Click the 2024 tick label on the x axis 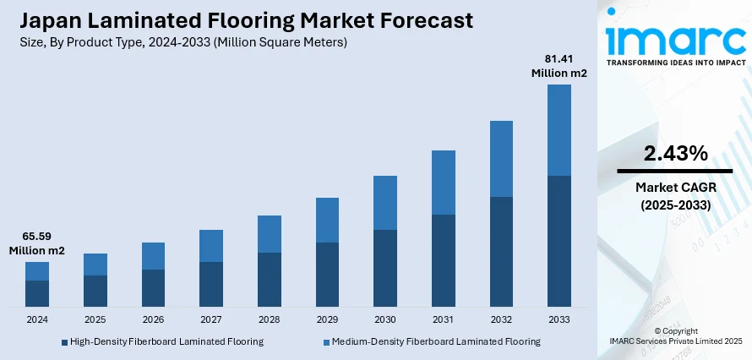click(37, 320)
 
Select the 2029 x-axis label click(327, 320)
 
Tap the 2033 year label click(559, 320)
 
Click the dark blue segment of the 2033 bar click(559, 241)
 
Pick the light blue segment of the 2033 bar click(559, 130)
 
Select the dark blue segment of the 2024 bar click(37, 292)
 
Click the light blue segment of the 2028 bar click(270, 234)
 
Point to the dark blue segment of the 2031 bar click(443, 260)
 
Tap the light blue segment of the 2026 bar click(153, 256)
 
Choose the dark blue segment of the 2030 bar click(385, 268)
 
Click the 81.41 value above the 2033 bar click(559, 59)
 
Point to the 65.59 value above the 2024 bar click(37, 237)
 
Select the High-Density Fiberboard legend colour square click(64, 341)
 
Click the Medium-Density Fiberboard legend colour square click(326, 341)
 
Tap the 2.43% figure click(675, 154)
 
